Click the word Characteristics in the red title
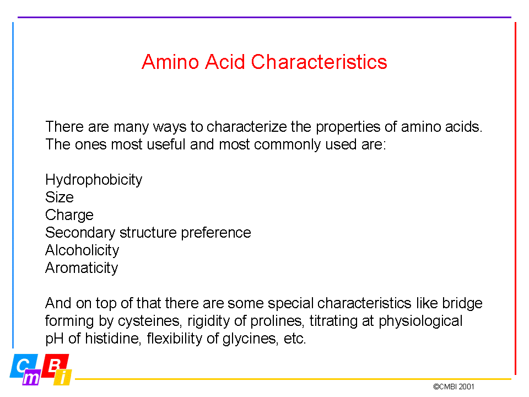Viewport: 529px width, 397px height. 319,62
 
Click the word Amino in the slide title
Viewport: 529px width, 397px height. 170,62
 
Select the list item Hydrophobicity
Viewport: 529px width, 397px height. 94,180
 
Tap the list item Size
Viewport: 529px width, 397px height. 60,197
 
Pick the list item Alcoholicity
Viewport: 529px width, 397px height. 82,250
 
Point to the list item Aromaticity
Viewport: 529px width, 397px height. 82,268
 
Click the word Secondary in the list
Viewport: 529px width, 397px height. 80,233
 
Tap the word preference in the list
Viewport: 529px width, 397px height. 216,233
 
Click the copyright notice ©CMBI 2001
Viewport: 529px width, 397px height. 454,387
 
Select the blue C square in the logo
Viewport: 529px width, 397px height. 23,366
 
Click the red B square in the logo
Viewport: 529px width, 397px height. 55,365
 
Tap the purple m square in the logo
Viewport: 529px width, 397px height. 31,377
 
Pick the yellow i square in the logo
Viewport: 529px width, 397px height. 63,377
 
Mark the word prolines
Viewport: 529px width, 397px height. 278,321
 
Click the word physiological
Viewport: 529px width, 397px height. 420,321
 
